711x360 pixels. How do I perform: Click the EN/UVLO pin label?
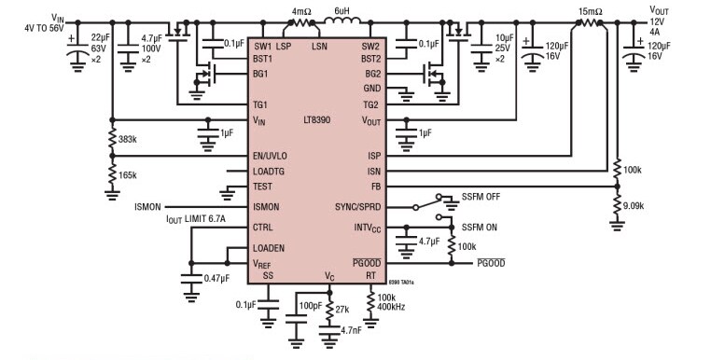click(x=274, y=156)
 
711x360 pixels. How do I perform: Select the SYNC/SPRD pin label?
click(x=357, y=206)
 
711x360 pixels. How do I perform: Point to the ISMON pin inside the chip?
click(x=267, y=207)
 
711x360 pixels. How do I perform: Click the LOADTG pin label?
click(x=272, y=172)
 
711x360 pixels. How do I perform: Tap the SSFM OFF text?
click(x=481, y=196)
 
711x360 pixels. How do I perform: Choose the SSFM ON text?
click(x=479, y=227)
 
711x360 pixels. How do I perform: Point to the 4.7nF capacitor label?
click(x=351, y=329)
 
